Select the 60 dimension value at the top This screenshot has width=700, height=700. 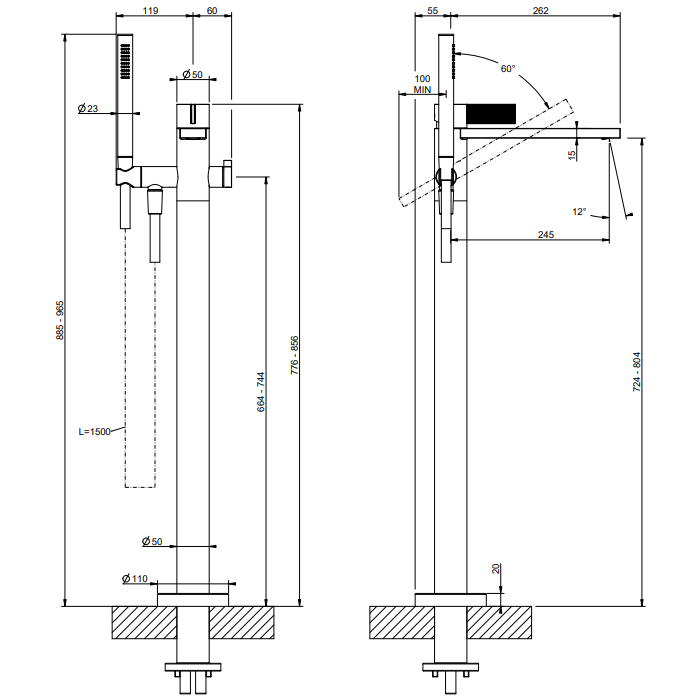coord(212,10)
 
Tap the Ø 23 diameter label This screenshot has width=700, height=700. coord(87,109)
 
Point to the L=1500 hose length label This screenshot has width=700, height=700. coord(96,432)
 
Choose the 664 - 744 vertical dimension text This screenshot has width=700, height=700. coord(260,393)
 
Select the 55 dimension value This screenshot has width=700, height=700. coord(433,10)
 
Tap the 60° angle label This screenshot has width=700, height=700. coord(508,69)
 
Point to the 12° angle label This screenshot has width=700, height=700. coord(579,212)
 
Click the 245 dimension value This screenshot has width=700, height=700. coord(545,234)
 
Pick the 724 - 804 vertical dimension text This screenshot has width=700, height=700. coord(637,370)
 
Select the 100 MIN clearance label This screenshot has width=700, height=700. coord(422,84)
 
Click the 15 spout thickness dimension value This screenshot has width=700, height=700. coord(572,154)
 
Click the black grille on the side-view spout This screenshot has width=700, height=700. coord(490,112)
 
